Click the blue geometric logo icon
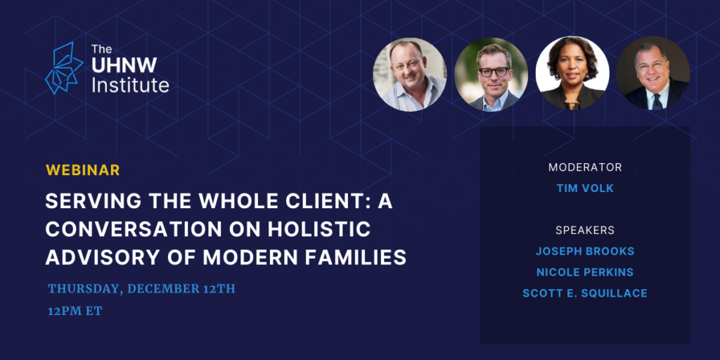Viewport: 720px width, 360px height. point(64,68)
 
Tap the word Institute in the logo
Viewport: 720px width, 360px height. point(130,85)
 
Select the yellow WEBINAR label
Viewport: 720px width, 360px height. point(83,170)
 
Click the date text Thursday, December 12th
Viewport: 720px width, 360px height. point(141,289)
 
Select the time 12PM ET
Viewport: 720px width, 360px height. point(75,311)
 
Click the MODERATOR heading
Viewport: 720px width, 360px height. point(585,167)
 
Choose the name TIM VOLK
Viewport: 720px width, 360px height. point(585,188)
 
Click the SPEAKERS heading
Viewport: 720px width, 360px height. point(585,230)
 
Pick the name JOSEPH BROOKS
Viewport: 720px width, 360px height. point(585,251)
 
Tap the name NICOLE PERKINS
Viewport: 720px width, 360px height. point(585,272)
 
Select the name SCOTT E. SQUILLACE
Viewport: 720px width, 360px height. point(585,293)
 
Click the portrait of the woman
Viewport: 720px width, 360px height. point(572,73)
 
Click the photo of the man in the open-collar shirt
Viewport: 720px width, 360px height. point(410,75)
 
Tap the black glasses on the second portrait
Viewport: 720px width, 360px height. point(494,71)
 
